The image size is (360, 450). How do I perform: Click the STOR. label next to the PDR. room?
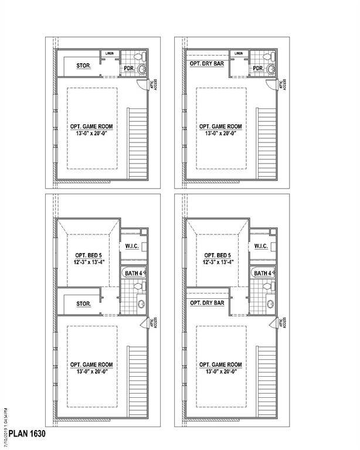[x=83, y=66]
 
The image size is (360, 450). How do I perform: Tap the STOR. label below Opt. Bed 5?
[x=84, y=304]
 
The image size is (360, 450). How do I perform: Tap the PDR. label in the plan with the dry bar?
[x=258, y=69]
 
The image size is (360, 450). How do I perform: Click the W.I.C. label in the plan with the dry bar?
[x=261, y=247]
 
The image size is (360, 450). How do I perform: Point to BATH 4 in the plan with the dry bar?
[x=262, y=273]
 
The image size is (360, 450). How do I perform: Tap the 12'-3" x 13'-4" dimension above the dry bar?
[x=220, y=263]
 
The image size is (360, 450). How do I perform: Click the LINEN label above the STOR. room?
[x=110, y=53]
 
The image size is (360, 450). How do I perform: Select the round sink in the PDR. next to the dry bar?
[x=270, y=70]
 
